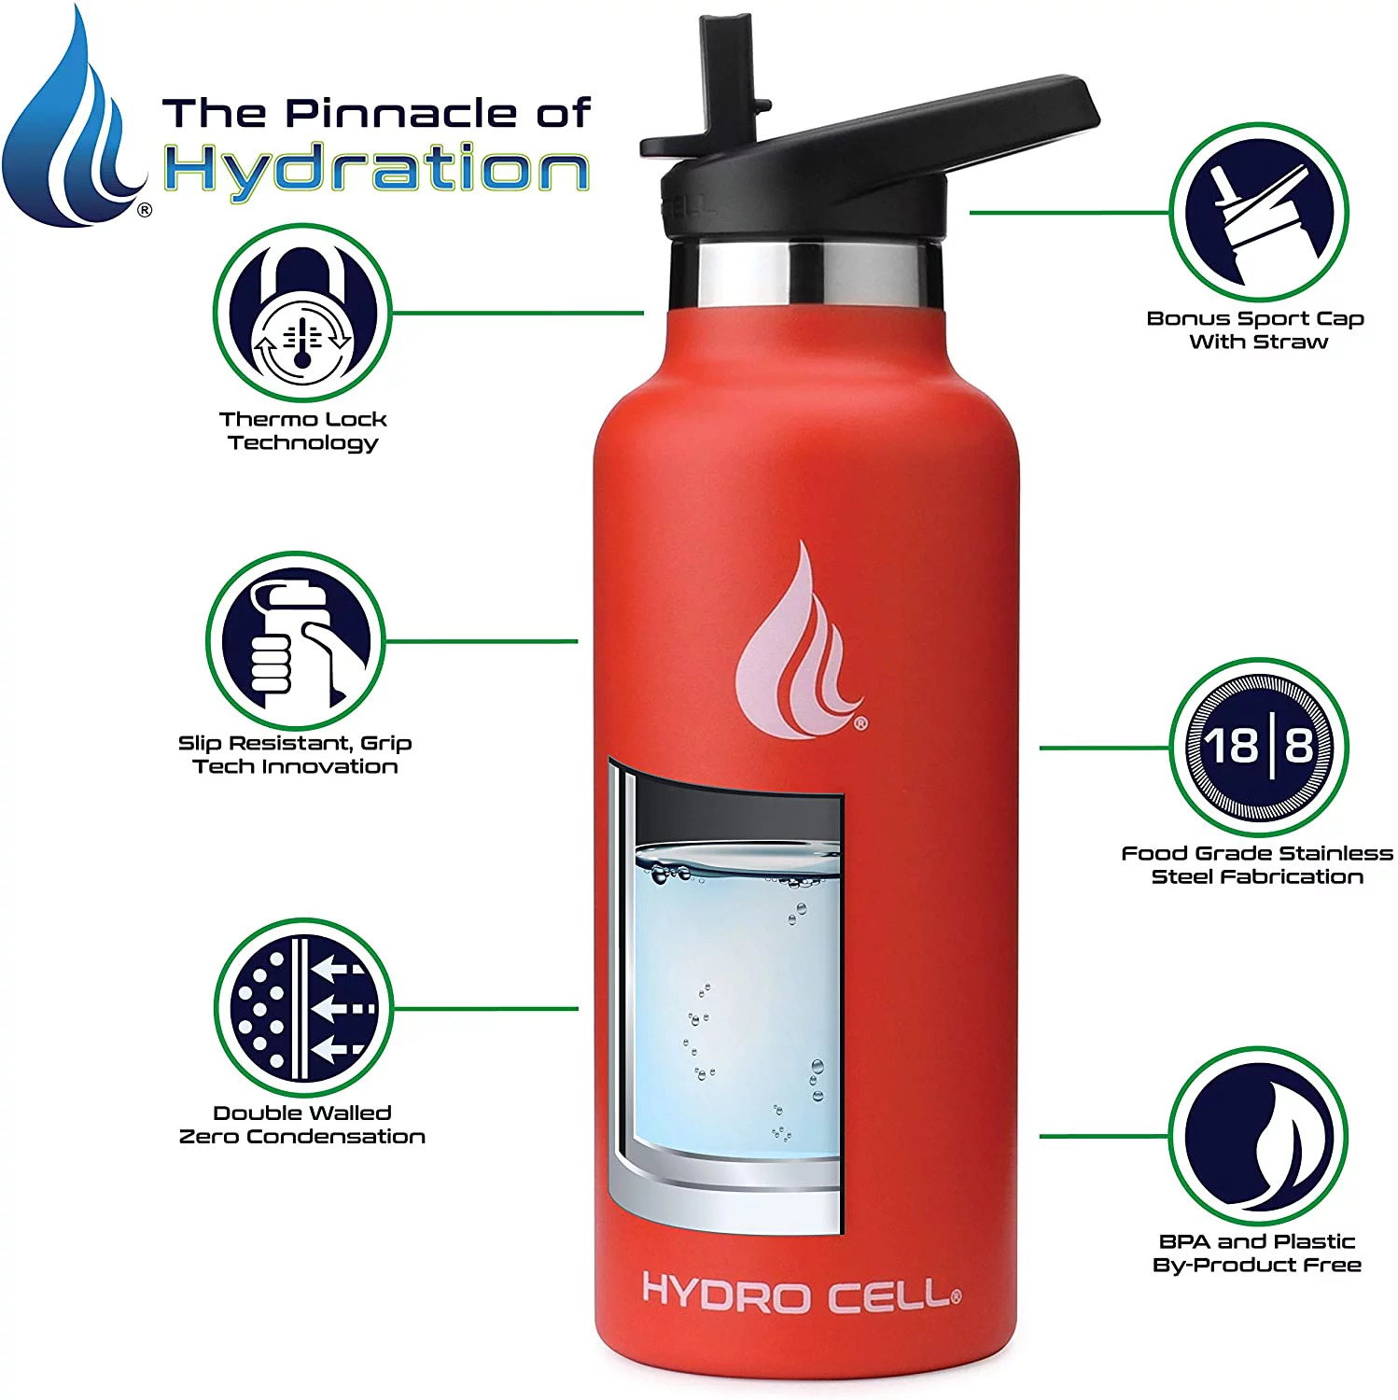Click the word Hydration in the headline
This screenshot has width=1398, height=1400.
tap(376, 171)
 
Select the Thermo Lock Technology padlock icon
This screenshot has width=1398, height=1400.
tap(302, 313)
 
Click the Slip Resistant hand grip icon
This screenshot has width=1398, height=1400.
tap(295, 641)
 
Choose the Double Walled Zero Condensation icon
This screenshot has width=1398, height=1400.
tap(302, 1008)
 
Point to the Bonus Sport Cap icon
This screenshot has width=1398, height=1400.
tap(1258, 212)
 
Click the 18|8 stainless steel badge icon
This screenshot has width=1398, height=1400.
tap(1258, 747)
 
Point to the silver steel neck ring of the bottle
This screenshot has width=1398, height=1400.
tap(804, 273)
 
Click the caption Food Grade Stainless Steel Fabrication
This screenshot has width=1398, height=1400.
tap(1256, 864)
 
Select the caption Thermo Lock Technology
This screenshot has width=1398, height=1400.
tap(302, 430)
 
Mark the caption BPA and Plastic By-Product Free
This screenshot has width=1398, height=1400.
tap(1256, 1253)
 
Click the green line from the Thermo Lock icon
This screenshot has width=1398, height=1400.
tap(518, 313)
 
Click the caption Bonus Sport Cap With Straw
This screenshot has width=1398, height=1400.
tap(1256, 329)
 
